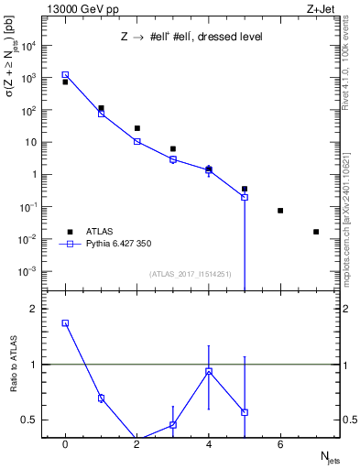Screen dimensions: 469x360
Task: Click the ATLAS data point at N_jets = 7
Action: coord(316,232)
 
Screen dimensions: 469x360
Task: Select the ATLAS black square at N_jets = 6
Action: coord(280,211)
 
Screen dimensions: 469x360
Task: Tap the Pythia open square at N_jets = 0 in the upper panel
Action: coord(65,75)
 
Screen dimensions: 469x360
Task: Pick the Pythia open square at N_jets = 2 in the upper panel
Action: coord(136,141)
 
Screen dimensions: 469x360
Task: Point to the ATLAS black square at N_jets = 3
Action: coord(172,148)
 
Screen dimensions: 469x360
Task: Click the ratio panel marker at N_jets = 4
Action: coord(209,371)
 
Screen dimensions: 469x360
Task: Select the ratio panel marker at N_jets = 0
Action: coord(65,322)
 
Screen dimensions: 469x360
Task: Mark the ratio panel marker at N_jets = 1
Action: coord(101,398)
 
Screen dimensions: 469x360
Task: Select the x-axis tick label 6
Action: coord(280,445)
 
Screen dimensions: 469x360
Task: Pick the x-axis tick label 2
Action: coord(136,445)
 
